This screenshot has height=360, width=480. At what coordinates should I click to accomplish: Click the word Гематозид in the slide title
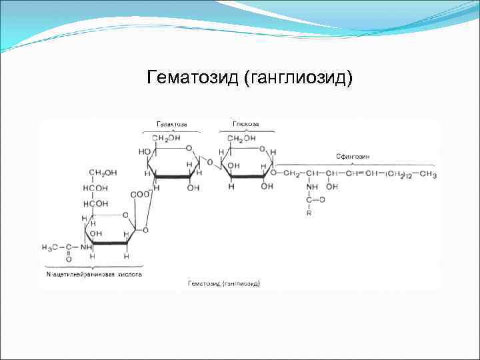point(193,79)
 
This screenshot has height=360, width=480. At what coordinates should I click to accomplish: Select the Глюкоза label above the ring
point(245,124)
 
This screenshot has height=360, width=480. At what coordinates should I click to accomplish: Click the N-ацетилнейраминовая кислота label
point(93,274)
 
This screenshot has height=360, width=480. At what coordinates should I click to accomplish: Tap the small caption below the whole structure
point(223,283)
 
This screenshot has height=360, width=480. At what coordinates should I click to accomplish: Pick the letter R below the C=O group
point(309,214)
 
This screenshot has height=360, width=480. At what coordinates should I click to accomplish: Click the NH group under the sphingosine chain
point(311,187)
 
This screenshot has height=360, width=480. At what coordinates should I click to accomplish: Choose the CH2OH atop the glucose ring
point(241,139)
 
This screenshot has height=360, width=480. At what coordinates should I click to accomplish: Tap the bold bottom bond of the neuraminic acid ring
point(110,244)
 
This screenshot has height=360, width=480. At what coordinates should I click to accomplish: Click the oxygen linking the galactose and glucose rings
point(209,161)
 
